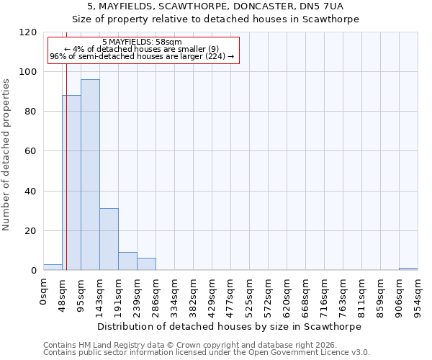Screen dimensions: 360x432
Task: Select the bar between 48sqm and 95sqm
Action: point(71,183)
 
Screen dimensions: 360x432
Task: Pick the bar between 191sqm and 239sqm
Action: point(127,261)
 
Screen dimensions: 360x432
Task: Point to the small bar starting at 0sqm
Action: point(53,267)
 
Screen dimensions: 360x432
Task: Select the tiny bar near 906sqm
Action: point(408,269)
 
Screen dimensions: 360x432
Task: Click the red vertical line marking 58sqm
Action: point(66,180)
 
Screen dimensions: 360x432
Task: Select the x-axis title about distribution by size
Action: point(230,326)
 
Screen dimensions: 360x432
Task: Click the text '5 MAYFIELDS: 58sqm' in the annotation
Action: point(142,42)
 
